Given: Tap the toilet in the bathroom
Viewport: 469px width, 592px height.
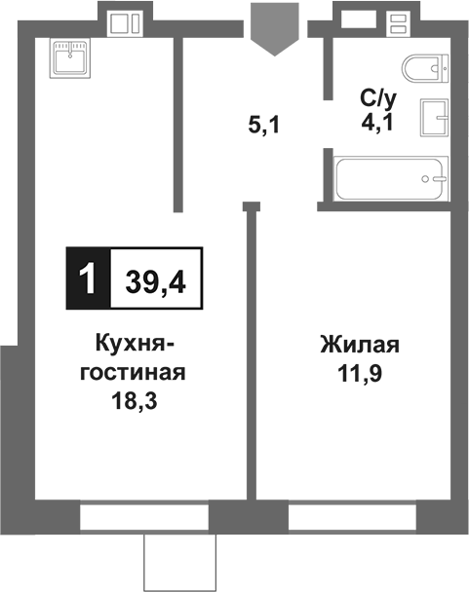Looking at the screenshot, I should click(424, 70).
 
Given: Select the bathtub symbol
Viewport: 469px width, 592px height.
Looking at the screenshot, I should click(389, 179).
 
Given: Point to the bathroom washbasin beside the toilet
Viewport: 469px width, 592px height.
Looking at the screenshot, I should click(435, 120).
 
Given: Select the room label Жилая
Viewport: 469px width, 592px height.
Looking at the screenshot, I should click(360, 346).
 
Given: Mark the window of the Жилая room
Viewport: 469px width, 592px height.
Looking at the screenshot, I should click(351, 516).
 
